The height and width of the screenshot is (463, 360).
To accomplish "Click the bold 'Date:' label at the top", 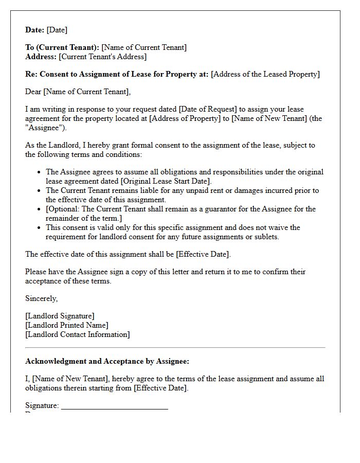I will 35,30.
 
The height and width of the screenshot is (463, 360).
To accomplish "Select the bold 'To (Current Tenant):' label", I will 62,47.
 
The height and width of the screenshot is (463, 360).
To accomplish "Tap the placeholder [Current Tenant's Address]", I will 102,57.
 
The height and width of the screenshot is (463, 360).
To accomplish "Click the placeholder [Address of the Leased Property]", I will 265,74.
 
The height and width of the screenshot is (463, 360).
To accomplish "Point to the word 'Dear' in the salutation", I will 33,92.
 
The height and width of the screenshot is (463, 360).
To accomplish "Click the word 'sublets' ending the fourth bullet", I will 265,237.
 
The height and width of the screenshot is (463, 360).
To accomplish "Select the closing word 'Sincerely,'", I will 42,298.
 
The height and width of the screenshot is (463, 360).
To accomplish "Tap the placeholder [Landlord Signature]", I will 60,316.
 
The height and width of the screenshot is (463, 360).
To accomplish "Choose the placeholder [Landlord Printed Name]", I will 67,325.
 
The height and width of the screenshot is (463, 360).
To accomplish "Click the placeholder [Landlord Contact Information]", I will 77,334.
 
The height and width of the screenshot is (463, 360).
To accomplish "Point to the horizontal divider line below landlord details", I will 175,348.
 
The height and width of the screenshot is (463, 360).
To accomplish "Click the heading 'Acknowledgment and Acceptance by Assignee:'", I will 107,361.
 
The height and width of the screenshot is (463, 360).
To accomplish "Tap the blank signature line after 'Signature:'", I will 114,407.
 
